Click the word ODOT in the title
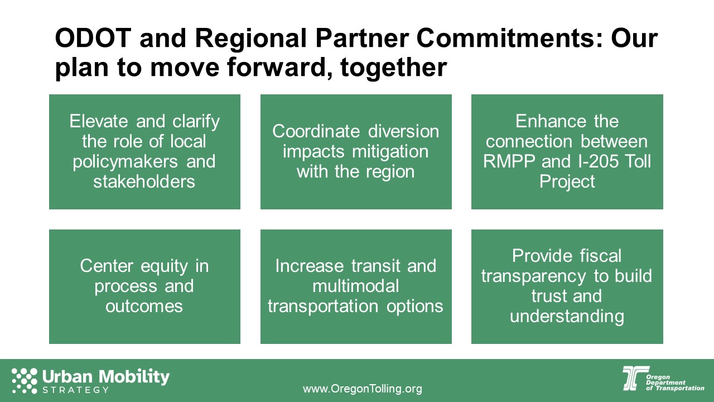[x=93, y=37]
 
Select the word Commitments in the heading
[x=509, y=37]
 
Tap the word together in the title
[x=393, y=68]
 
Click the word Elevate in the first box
[x=99, y=121]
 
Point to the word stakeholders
[x=144, y=181]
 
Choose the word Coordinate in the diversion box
[x=316, y=131]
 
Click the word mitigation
[x=390, y=151]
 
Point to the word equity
[x=165, y=266]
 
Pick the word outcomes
[x=144, y=307]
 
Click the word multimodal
[x=356, y=286]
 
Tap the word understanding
[x=567, y=317]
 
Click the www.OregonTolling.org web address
[x=363, y=389]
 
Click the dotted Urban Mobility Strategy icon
[x=24, y=380]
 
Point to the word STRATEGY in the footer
[x=75, y=390]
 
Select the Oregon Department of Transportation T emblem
[x=635, y=379]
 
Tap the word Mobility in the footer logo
[x=134, y=377]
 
